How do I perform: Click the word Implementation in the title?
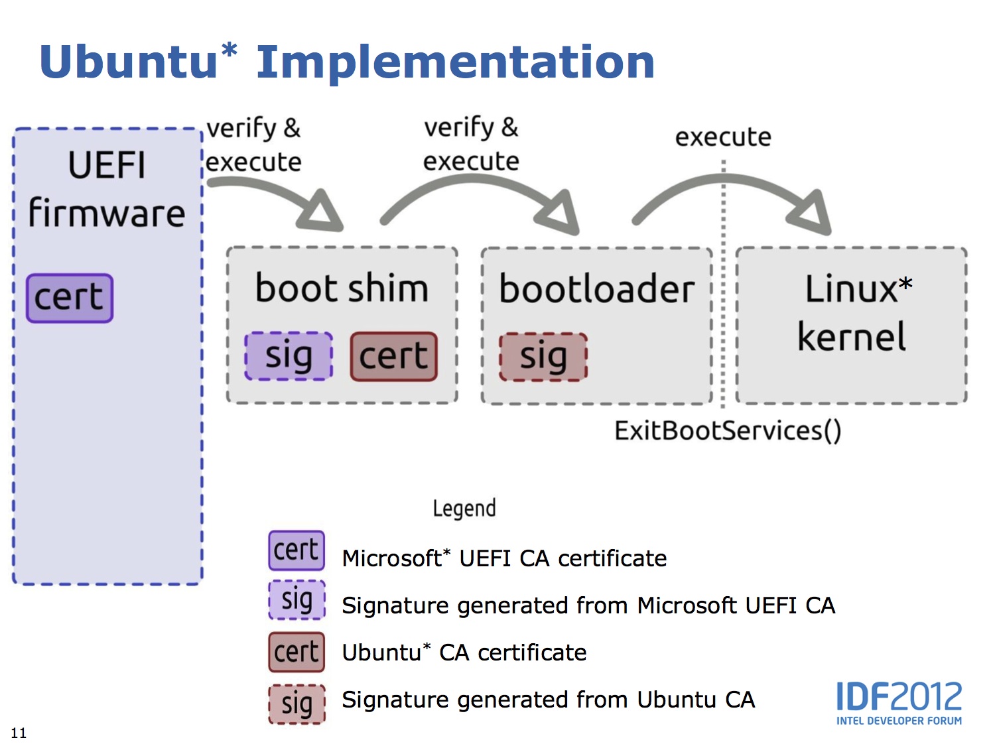point(455,62)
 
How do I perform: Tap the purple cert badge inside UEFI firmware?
point(70,298)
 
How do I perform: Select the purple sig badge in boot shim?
point(289,356)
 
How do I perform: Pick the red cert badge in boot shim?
point(393,356)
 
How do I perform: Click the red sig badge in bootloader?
point(543,357)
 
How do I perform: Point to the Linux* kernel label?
point(853,312)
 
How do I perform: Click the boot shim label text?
point(342,288)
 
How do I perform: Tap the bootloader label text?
point(596,289)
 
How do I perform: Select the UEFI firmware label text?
point(106,190)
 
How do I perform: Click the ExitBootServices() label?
point(728,431)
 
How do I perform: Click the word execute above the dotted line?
point(723,137)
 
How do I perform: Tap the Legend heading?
point(464,509)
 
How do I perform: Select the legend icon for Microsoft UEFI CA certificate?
point(297,550)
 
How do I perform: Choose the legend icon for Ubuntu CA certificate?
point(297,652)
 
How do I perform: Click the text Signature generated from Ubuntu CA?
point(548,700)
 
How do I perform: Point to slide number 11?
point(19,733)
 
